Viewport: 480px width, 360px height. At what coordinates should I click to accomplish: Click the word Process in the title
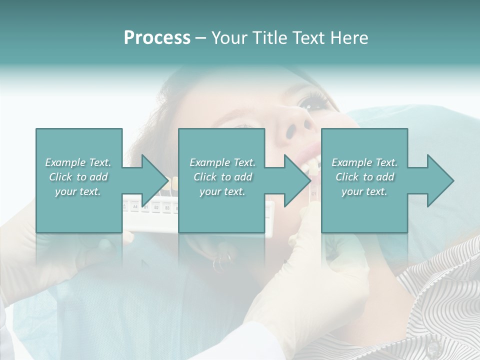click(157, 38)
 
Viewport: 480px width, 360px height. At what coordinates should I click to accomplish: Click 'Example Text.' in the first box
click(78, 162)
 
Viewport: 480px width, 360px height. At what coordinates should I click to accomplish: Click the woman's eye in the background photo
click(313, 102)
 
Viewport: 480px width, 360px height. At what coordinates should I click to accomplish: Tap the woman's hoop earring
click(222, 262)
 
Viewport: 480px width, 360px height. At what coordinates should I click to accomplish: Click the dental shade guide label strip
click(150, 205)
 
